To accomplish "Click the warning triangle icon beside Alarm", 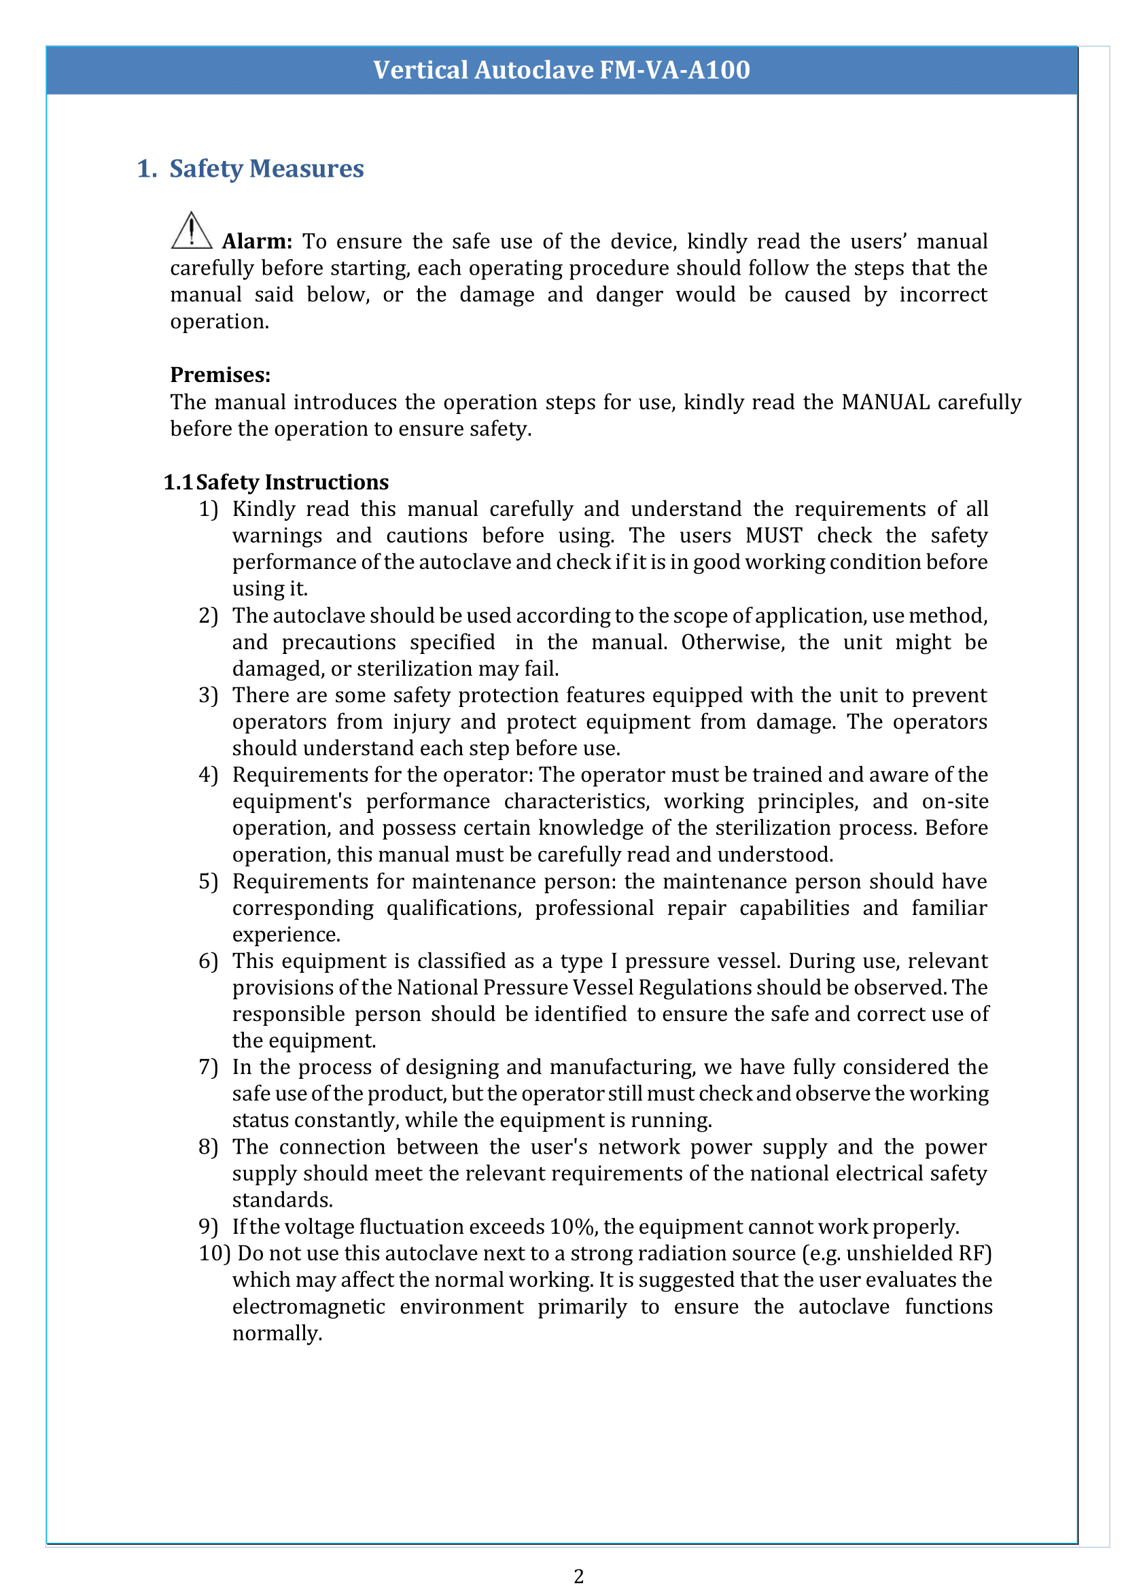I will tap(191, 231).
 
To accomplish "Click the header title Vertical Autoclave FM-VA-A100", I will tap(561, 70).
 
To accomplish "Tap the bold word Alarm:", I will tap(257, 241).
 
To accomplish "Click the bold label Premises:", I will tap(220, 375).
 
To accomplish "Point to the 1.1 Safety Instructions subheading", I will tap(276, 482).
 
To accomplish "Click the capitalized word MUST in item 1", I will tap(773, 535).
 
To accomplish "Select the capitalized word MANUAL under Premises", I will tap(885, 402).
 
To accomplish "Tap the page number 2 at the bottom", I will tap(578, 1576).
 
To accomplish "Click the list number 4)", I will tap(209, 774).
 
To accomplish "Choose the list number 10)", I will tap(214, 1253).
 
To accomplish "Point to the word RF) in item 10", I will tap(975, 1253).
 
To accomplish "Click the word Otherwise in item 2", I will tap(733, 642).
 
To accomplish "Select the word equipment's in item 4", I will tap(292, 801).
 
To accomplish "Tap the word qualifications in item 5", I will tap(453, 908).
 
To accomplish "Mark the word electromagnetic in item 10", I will tap(309, 1307).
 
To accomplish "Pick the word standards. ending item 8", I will tap(283, 1200).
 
